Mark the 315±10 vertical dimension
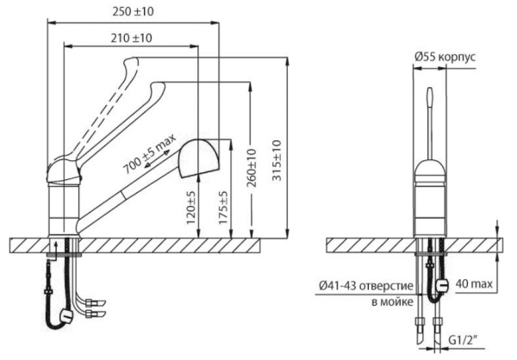(x=276, y=159)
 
